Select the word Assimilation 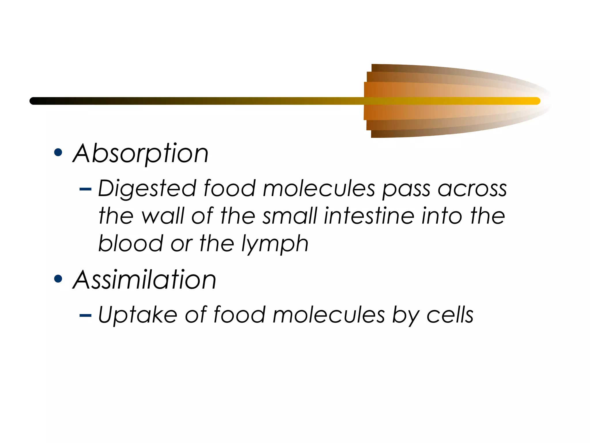[x=144, y=279]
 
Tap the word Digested [x=147, y=189]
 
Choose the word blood [x=131, y=243]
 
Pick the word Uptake [x=137, y=314]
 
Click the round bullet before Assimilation [x=58, y=279]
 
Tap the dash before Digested [x=85, y=189]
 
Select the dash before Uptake [x=85, y=316]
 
